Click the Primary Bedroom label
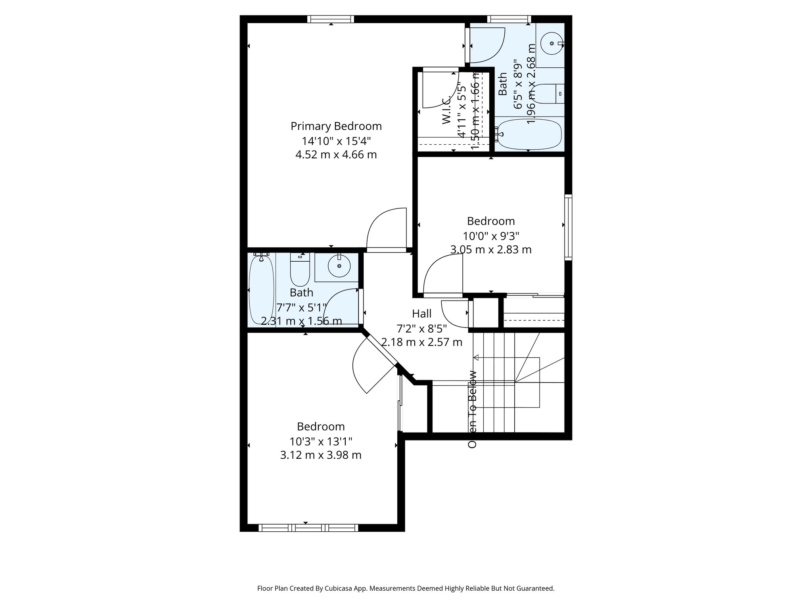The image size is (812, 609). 336,126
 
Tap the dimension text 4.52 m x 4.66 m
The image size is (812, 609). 336,155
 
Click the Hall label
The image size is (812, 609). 421,314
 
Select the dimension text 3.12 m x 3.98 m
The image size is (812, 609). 321,455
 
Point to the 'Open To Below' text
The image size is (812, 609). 472,409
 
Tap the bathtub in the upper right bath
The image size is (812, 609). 529,135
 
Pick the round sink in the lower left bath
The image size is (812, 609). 339,266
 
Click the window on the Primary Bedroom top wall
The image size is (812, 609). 330,19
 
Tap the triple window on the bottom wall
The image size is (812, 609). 308,528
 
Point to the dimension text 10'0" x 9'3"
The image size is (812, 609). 491,236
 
